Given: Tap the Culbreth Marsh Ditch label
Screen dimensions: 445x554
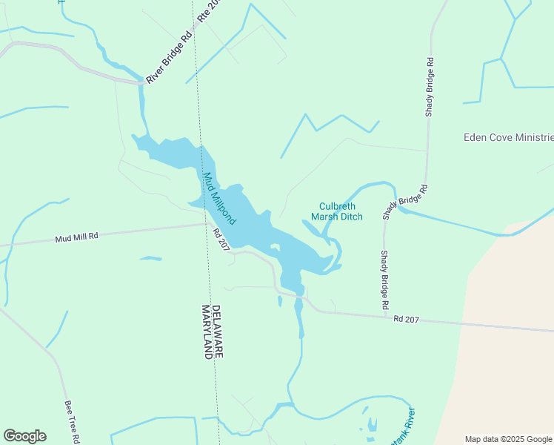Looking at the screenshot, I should pyautogui.click(x=341, y=211).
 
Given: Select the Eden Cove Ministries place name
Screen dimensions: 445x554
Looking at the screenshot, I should pyautogui.click(x=508, y=137).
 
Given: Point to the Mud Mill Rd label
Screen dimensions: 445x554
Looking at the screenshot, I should pyautogui.click(x=76, y=238).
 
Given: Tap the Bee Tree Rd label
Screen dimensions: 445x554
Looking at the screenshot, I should pyautogui.click(x=73, y=422).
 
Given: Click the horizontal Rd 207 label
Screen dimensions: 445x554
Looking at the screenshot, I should pyautogui.click(x=407, y=320).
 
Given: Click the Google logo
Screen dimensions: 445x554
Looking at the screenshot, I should pyautogui.click(x=24, y=436).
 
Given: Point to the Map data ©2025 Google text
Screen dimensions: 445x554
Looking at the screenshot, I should pyautogui.click(x=508, y=439).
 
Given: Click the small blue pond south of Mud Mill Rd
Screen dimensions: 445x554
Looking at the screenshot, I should pyautogui.click(x=151, y=258).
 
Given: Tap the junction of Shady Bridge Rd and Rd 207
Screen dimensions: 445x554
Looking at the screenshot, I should pyautogui.click(x=384, y=317).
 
